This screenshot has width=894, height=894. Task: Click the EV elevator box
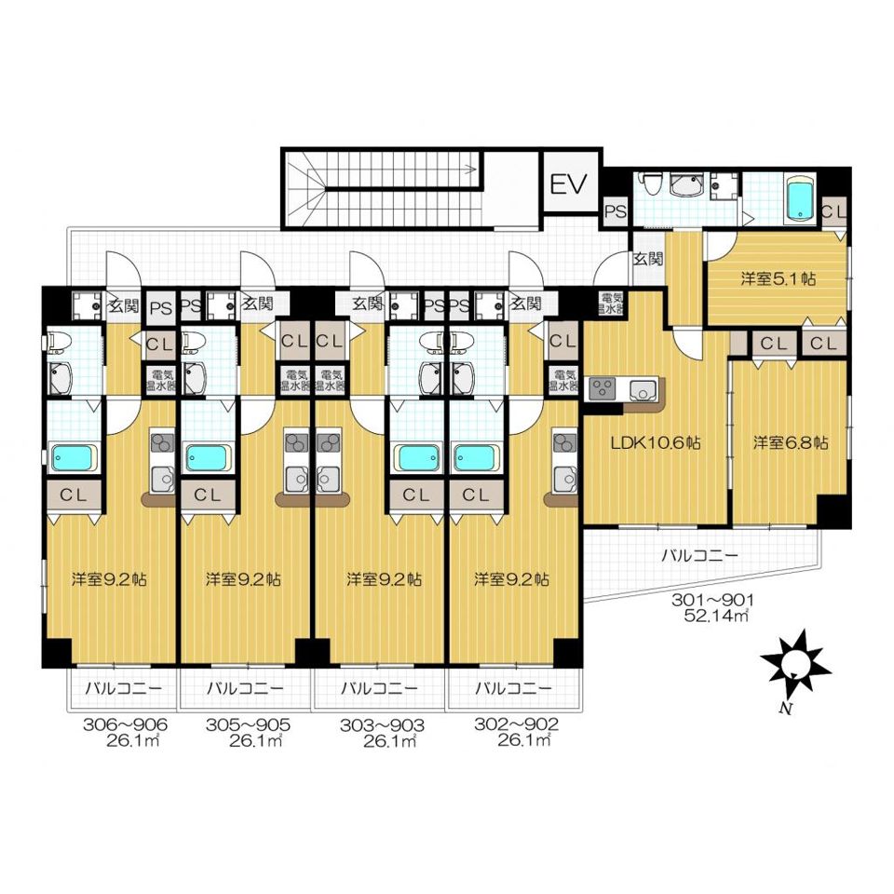(569, 182)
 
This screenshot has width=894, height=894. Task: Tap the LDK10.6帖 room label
(656, 443)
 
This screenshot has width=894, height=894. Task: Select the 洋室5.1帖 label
(778, 278)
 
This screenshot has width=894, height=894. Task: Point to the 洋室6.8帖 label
(791, 442)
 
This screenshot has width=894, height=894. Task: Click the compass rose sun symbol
(794, 664)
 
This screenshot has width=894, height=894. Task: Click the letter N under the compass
(786, 710)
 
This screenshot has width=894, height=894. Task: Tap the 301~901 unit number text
(712, 600)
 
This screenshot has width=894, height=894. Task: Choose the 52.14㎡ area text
(715, 616)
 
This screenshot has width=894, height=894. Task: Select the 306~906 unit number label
(126, 725)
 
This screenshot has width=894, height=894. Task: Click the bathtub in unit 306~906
(73, 458)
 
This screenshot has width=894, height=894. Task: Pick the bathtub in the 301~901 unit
(801, 199)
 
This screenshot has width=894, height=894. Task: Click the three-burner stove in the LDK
(603, 389)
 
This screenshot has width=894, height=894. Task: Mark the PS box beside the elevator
(616, 212)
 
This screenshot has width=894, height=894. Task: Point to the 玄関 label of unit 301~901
(648, 259)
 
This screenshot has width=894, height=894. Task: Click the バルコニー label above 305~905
(245, 688)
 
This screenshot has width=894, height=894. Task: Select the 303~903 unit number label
(382, 725)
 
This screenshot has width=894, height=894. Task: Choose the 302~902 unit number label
(517, 725)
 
